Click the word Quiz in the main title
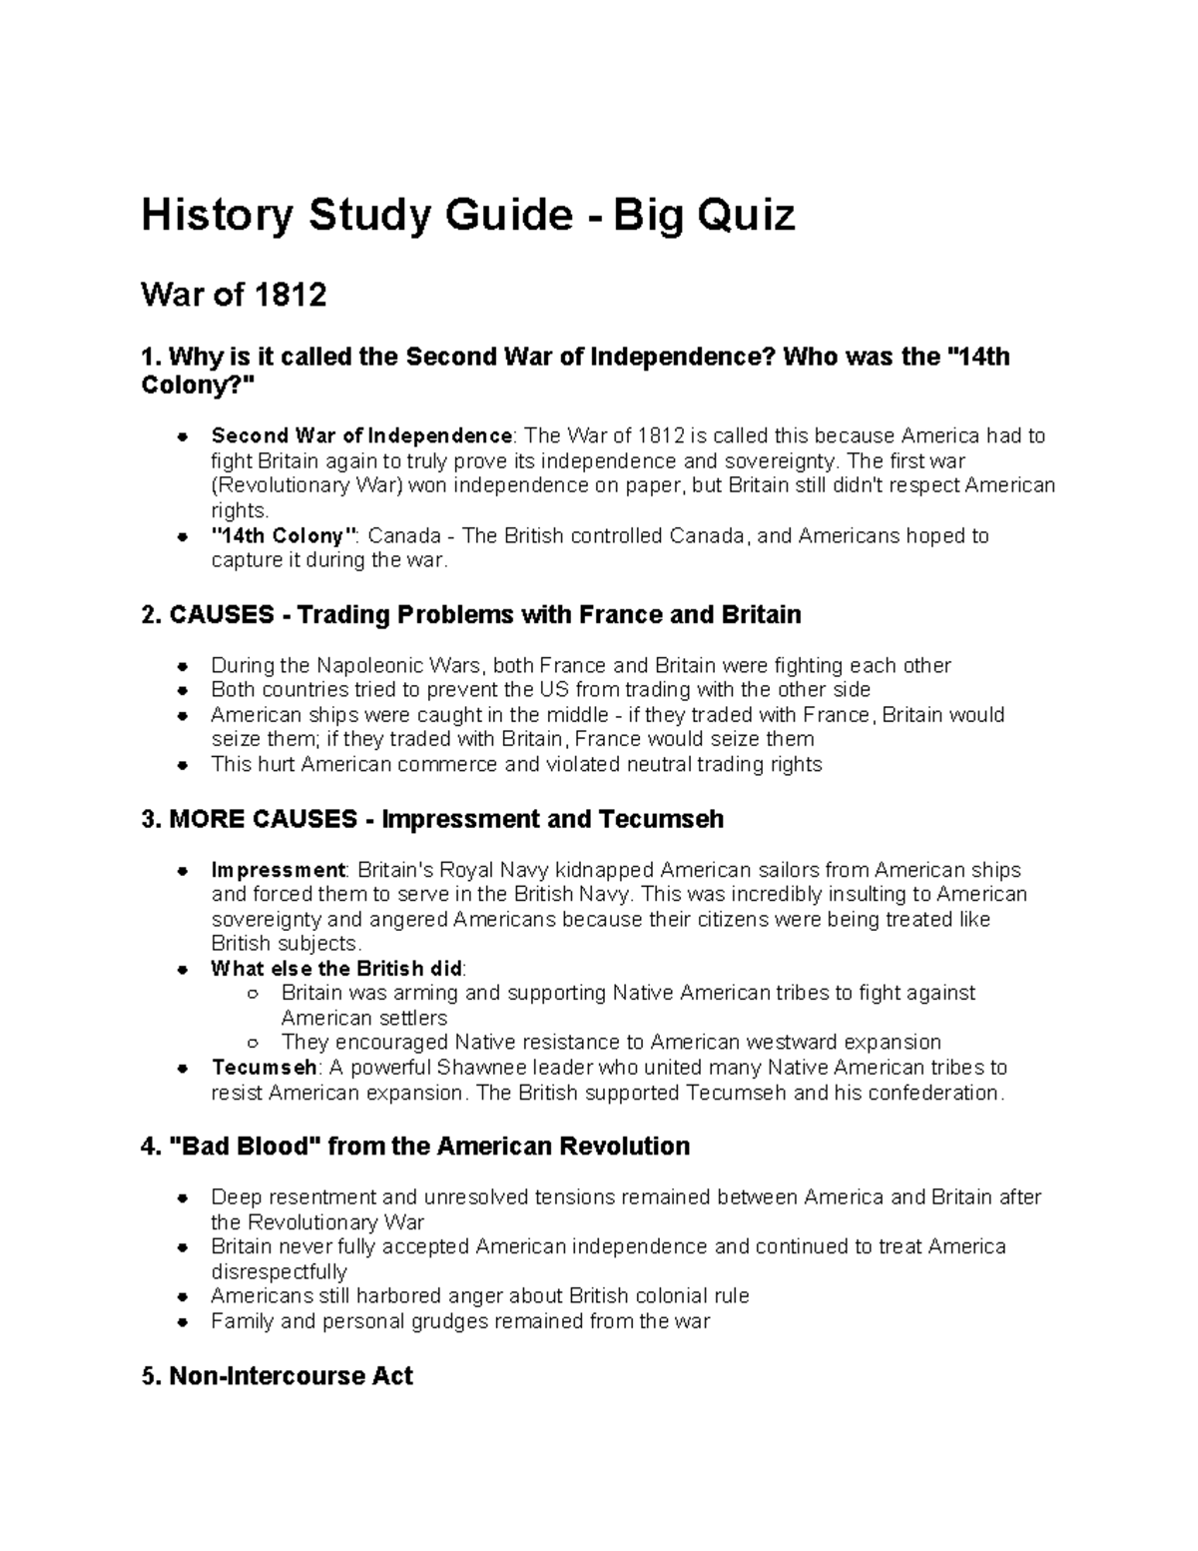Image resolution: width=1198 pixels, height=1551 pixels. [x=739, y=215]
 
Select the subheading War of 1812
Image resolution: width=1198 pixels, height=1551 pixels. [x=234, y=296]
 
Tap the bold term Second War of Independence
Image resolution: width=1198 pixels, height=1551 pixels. [x=361, y=436]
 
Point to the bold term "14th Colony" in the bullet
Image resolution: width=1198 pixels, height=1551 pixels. [x=285, y=536]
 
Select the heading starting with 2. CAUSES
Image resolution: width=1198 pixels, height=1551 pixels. [x=471, y=614]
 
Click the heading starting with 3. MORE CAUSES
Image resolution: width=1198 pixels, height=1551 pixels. [x=432, y=820]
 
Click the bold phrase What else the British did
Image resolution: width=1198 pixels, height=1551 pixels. [x=337, y=969]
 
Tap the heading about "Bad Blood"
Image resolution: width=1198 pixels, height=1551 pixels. [x=416, y=1146]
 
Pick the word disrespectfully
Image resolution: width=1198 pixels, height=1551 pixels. [x=279, y=1272]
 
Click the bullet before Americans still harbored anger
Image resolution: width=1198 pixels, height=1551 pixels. [x=182, y=1297]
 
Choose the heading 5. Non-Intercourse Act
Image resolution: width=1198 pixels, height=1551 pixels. [x=277, y=1376]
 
